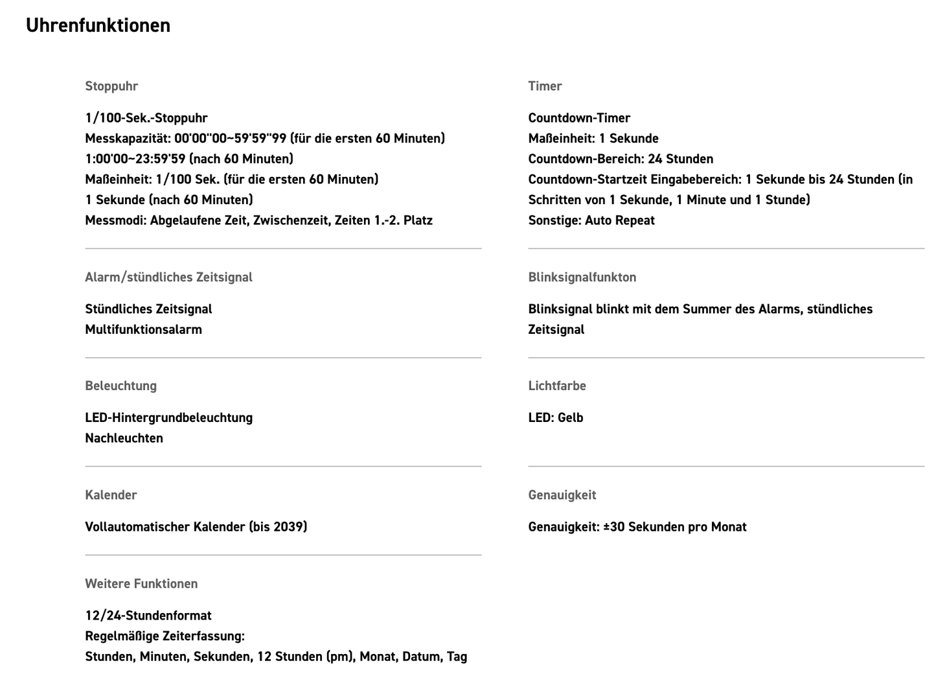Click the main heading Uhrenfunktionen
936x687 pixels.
tap(98, 25)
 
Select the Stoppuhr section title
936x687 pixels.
tap(111, 86)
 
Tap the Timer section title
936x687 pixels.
tap(545, 86)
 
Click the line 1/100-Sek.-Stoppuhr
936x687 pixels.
tap(146, 118)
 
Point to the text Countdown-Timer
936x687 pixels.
tap(579, 118)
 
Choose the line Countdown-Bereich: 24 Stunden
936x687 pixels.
tap(621, 159)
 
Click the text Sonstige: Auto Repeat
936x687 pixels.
tap(591, 220)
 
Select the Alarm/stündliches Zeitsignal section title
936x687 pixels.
tap(168, 277)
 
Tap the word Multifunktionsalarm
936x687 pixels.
tap(143, 329)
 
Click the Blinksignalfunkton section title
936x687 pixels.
tap(582, 277)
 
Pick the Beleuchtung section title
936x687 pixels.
tap(120, 386)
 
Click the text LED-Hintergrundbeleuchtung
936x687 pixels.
tap(168, 417)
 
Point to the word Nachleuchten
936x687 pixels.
tap(124, 438)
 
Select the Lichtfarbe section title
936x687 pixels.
tap(556, 386)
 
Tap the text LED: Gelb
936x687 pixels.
tap(555, 417)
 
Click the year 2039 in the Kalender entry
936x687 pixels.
tap(288, 527)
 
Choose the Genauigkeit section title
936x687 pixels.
tap(562, 495)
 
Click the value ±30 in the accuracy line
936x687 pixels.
tap(614, 527)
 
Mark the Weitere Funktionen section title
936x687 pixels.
tap(141, 584)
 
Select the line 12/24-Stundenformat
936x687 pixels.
tap(148, 616)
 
